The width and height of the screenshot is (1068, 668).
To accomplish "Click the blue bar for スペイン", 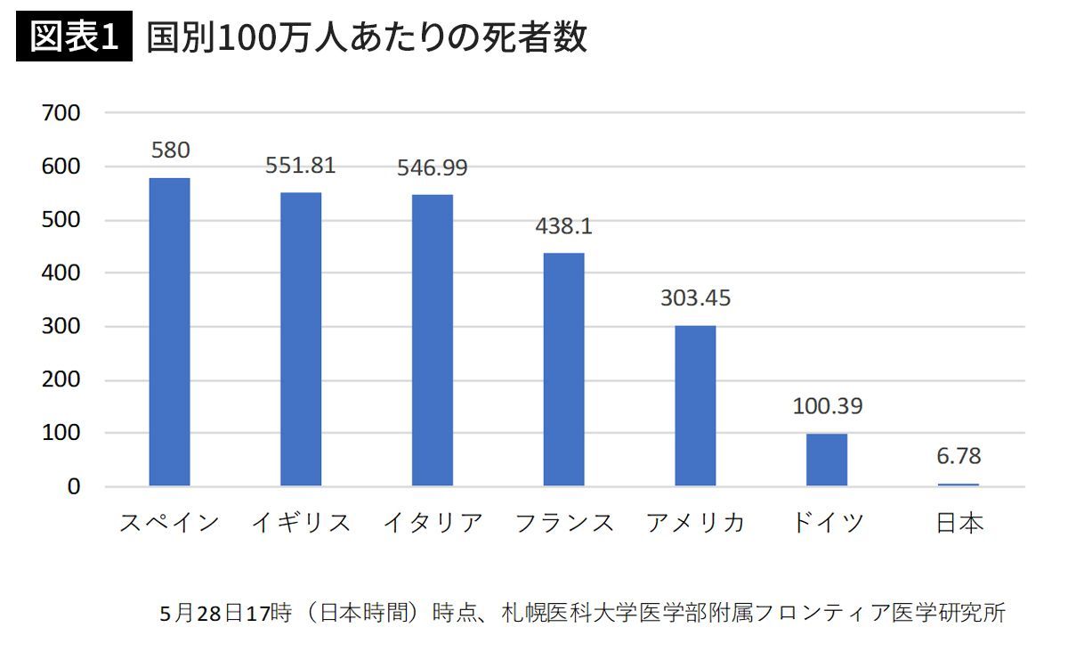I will tap(169, 331).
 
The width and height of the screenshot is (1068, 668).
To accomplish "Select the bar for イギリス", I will tap(301, 338).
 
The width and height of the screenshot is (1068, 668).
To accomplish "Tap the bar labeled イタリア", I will tap(433, 340).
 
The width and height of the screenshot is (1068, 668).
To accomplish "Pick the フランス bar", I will tap(563, 369).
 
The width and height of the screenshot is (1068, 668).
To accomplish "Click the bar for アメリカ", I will tap(695, 405).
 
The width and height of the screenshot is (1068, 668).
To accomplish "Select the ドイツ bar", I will tap(827, 460).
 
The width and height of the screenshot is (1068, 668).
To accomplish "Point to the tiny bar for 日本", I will tap(959, 485).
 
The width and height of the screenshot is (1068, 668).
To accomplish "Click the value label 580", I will tap(170, 150).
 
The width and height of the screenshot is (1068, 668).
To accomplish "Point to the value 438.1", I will tap(563, 226).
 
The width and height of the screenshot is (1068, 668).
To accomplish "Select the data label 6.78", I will tap(959, 456).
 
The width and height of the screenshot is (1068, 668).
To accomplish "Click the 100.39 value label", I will tap(827, 406).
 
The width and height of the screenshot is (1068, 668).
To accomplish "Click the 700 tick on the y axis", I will tap(61, 113).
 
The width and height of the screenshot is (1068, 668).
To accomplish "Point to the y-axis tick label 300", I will tap(61, 327).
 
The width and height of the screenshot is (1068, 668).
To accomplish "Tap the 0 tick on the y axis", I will tap(73, 487).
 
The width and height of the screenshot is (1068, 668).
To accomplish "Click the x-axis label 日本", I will tap(959, 523).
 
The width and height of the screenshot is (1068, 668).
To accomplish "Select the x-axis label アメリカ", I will tap(696, 523).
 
